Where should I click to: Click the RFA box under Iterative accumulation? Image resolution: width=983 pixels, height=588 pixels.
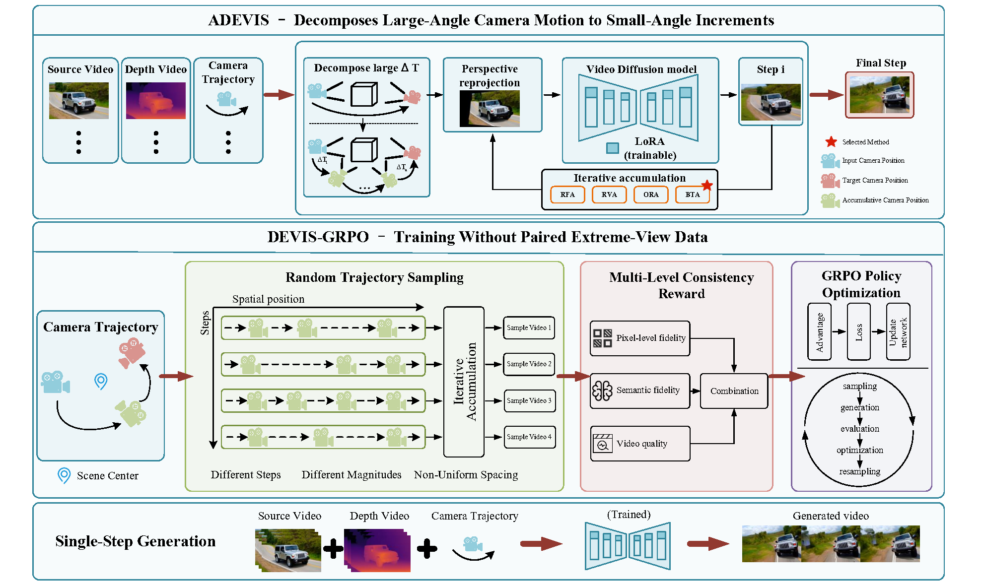(x=567, y=195)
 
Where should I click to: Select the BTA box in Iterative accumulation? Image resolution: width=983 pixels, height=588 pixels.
(x=693, y=195)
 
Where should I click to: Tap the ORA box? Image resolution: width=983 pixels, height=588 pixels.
(x=651, y=195)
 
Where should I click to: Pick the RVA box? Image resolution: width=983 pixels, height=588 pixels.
(x=609, y=195)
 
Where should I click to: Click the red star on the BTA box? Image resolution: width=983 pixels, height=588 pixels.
(x=707, y=186)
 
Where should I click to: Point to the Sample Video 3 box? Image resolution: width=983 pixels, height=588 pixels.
(x=529, y=400)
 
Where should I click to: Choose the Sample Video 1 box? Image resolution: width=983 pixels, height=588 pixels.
(x=529, y=327)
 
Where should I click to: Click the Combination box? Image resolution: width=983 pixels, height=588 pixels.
(x=734, y=391)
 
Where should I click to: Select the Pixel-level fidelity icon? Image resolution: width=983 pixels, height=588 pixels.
(x=602, y=338)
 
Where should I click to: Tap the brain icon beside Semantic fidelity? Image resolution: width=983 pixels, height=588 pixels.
(x=603, y=391)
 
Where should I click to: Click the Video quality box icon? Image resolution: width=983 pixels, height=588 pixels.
(x=603, y=444)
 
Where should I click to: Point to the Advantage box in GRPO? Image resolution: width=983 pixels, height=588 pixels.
(x=820, y=331)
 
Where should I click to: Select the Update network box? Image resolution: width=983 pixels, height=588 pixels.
(x=898, y=331)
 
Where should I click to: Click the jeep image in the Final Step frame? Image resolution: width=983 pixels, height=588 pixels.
(x=880, y=95)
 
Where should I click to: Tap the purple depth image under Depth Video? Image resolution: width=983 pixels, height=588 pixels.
(x=156, y=101)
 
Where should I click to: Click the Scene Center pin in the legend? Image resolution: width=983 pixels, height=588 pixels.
(x=64, y=475)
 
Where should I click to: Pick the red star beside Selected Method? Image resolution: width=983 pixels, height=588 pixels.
(x=831, y=142)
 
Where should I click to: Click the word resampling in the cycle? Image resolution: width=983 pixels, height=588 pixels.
(x=860, y=471)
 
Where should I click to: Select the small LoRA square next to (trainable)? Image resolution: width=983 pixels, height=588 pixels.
(x=613, y=148)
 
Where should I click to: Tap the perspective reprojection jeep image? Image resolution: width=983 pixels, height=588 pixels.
(x=490, y=109)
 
